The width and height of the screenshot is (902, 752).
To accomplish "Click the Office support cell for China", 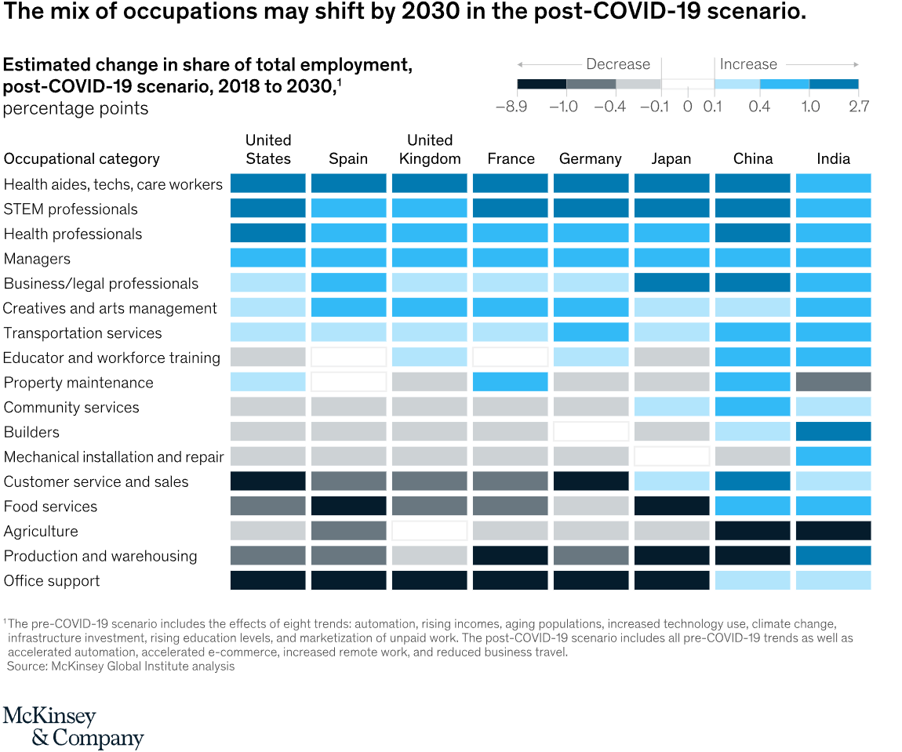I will tap(752, 580).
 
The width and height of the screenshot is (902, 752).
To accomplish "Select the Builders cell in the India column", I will tap(833, 432).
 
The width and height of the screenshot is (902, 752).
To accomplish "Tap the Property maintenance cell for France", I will tap(510, 383).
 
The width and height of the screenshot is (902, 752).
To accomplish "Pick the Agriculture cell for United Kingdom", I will tap(429, 531).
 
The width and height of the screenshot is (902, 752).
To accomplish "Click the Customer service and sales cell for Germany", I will tap(591, 481).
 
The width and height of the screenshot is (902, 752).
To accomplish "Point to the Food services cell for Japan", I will tap(671, 507).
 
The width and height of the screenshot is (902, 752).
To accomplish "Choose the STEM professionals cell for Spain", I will tap(348, 209).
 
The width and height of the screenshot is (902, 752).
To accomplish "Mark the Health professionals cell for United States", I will tap(267, 234).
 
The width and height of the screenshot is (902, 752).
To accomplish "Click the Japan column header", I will tap(671, 158).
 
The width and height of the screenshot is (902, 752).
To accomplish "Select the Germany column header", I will tap(591, 158).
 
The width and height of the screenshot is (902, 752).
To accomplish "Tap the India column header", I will tap(833, 158).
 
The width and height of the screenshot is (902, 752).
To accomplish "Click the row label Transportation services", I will tap(82, 333).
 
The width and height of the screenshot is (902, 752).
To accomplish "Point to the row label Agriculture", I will tap(41, 532).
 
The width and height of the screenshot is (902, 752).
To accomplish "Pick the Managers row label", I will tap(37, 259).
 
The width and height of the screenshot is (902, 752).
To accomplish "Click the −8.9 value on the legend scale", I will tap(511, 107).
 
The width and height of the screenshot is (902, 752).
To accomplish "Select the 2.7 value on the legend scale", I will tap(859, 107).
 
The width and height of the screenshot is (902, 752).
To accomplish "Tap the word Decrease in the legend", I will tap(618, 64).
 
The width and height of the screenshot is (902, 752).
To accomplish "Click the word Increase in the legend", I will tap(748, 64).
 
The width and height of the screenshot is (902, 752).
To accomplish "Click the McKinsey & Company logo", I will tap(73, 727).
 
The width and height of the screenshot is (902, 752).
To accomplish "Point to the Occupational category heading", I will tap(82, 159).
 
